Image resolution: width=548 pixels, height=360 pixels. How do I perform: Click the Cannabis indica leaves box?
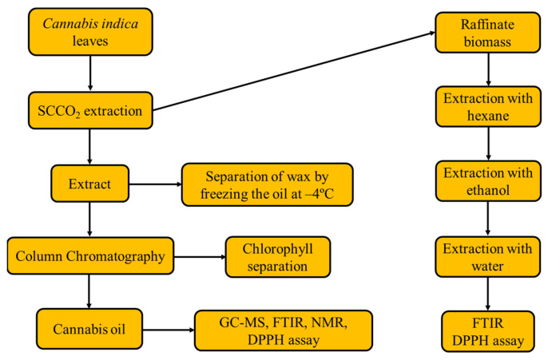click(89, 32)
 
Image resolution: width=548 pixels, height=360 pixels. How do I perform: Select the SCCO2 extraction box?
click(89, 111)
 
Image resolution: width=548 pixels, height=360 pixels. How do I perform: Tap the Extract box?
click(90, 184)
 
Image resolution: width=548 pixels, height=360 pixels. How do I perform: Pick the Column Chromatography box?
click(90, 257)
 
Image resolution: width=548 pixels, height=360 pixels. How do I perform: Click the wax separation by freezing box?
click(267, 184)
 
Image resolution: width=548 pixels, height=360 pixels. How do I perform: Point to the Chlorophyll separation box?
click(276, 257)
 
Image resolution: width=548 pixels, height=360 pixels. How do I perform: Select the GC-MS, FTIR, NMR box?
click(283, 330)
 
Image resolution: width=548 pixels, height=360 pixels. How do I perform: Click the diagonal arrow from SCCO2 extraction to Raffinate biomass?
click(292, 72)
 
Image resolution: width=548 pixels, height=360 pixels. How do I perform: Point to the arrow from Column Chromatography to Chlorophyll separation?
click(199, 257)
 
